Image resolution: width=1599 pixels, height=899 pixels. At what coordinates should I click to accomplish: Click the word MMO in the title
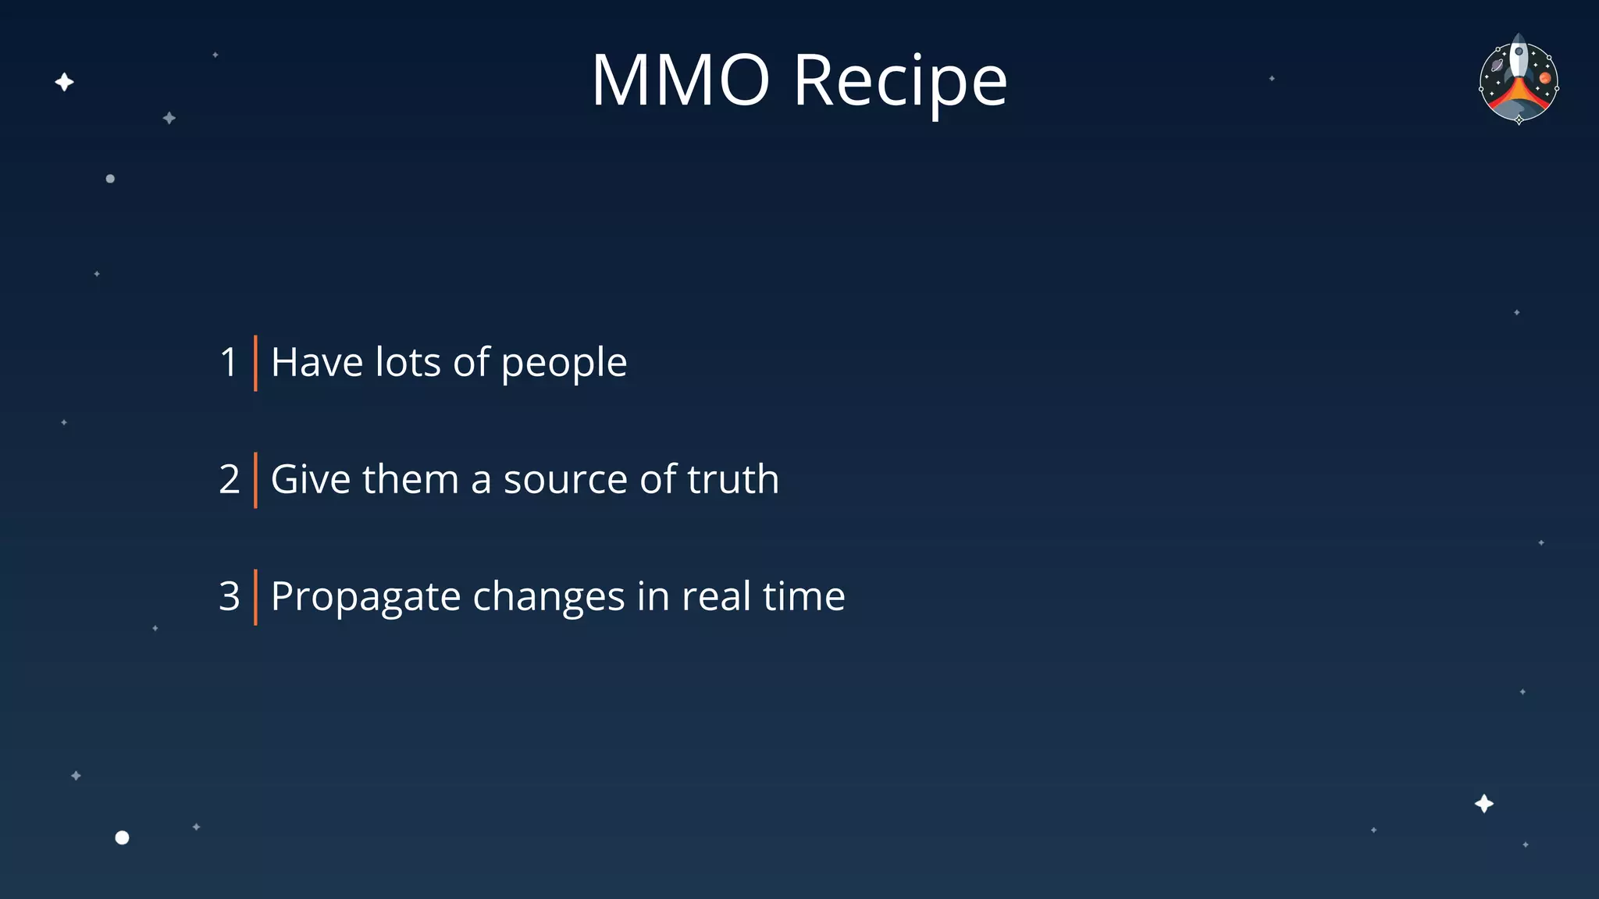coord(680,80)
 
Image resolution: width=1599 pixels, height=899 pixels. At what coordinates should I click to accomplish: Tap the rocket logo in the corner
coord(1519,79)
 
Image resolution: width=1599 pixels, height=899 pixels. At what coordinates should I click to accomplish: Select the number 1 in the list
coord(228,362)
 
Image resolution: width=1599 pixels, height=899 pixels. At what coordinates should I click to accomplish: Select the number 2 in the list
coord(229,479)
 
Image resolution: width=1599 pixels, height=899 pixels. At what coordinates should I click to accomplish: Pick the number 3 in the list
coord(229,596)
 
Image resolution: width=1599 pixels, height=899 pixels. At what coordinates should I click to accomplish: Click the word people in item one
coord(564,364)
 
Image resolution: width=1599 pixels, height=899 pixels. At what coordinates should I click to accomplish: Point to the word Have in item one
coord(317,362)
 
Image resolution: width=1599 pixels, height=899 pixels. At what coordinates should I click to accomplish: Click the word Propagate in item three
coord(365,598)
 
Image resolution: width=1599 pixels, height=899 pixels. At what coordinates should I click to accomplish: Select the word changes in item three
coord(548,598)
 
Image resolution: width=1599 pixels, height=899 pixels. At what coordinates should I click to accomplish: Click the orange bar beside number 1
coord(255,363)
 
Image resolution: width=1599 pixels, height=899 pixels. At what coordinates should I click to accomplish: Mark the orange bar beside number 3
coord(255,597)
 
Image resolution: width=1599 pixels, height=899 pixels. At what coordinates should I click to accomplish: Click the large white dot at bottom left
coord(122,837)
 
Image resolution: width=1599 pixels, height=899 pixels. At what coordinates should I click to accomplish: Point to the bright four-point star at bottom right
coord(1483,804)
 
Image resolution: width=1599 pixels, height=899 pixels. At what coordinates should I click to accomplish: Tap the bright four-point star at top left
coord(64,82)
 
